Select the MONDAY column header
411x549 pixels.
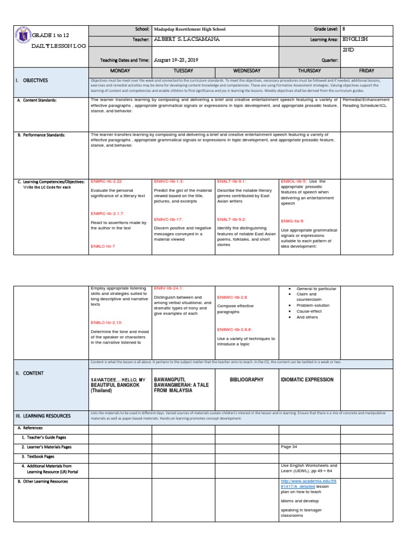click(120, 70)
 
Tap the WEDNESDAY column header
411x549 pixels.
click(246, 70)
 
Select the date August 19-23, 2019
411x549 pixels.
click(176, 60)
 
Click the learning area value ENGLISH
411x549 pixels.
click(355, 39)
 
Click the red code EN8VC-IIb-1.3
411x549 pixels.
click(169, 182)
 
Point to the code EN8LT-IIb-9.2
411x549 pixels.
click(232, 219)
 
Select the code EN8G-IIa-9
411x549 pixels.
click(292, 221)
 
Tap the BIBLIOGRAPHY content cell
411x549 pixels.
click(247, 380)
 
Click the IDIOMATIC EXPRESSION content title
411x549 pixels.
click(307, 380)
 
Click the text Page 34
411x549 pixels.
click(289, 447)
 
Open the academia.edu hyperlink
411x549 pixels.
click(308, 485)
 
